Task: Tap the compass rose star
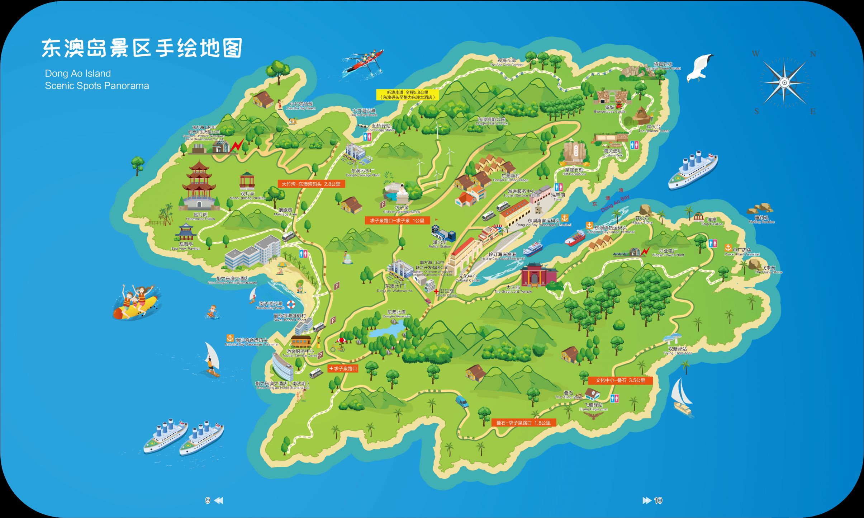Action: (x=784, y=83)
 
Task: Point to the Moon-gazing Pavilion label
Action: (x=247, y=196)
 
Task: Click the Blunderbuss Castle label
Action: (x=609, y=109)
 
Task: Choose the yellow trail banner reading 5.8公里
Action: (x=407, y=95)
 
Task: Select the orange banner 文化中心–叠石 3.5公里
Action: (x=620, y=380)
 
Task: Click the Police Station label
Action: (x=440, y=244)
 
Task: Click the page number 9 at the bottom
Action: (x=208, y=500)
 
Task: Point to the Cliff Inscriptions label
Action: (x=574, y=172)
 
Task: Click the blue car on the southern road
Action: (x=462, y=401)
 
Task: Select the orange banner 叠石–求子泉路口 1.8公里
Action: (x=523, y=423)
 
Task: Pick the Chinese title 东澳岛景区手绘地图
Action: (x=142, y=48)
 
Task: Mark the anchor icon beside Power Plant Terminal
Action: (x=728, y=248)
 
